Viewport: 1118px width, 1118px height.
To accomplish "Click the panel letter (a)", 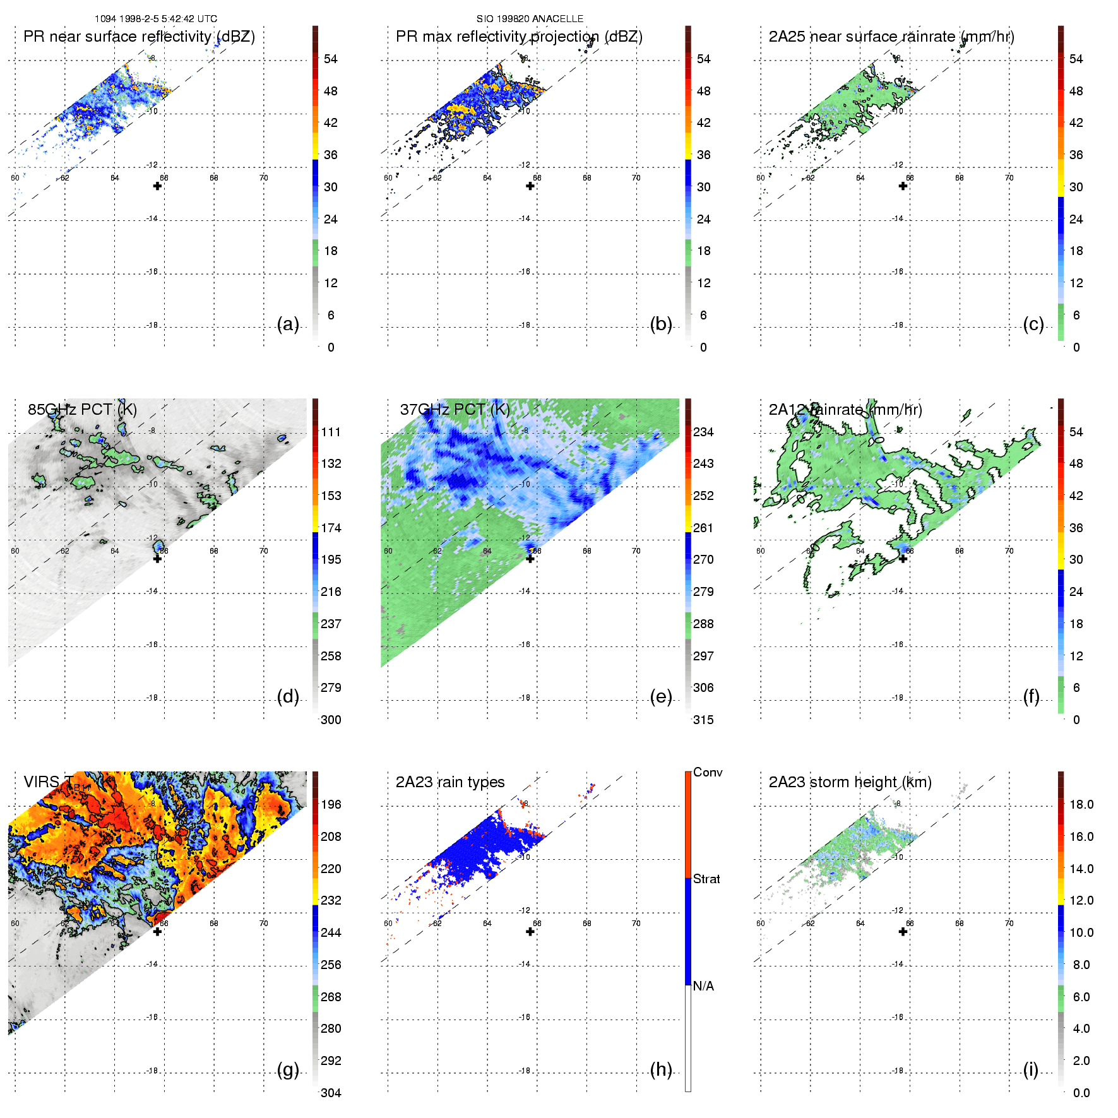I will point(288,324).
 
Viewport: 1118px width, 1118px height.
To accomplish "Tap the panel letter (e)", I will point(660,697).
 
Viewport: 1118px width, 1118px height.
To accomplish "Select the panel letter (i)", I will point(1030,1070).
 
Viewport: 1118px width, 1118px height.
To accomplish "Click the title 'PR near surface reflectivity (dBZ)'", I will point(139,37).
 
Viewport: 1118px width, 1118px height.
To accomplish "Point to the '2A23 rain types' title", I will point(450,782).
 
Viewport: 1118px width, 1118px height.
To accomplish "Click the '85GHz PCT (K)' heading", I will point(82,410).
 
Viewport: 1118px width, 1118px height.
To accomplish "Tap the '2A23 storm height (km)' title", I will point(850,782).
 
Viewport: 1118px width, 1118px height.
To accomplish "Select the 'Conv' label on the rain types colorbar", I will point(708,773).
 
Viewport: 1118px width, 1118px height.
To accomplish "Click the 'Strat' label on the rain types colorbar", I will point(706,879).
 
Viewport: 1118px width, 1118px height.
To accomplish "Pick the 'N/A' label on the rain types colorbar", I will point(703,986).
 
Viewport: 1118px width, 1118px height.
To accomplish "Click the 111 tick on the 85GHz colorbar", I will point(331,432).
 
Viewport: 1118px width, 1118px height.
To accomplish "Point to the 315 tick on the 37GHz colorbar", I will point(703,720).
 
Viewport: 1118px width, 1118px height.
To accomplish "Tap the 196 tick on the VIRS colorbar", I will point(331,805).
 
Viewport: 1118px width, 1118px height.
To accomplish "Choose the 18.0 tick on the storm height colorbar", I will point(1081,805).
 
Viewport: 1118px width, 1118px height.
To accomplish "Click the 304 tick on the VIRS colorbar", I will point(331,1093).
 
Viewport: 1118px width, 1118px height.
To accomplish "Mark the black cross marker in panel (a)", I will point(158,186).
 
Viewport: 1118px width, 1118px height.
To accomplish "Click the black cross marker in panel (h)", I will point(530,932).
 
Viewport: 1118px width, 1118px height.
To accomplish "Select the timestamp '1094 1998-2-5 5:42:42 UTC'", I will point(156,19).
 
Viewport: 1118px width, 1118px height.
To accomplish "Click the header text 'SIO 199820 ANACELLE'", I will point(530,19).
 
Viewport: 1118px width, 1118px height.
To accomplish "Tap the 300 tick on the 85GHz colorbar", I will point(331,720).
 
